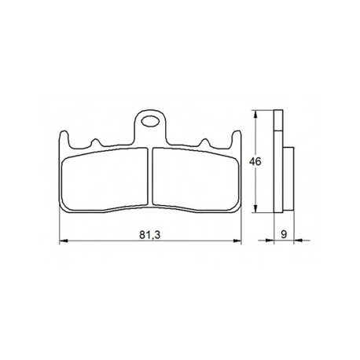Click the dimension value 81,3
[x=149, y=235]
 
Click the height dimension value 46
[x=255, y=162]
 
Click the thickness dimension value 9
[x=284, y=234]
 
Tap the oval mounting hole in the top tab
[x=150, y=122]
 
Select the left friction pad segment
[x=105, y=178]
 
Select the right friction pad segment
[x=196, y=178]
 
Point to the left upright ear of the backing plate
[x=64, y=139]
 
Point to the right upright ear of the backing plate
[x=237, y=139]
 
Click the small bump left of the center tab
[x=95, y=143]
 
